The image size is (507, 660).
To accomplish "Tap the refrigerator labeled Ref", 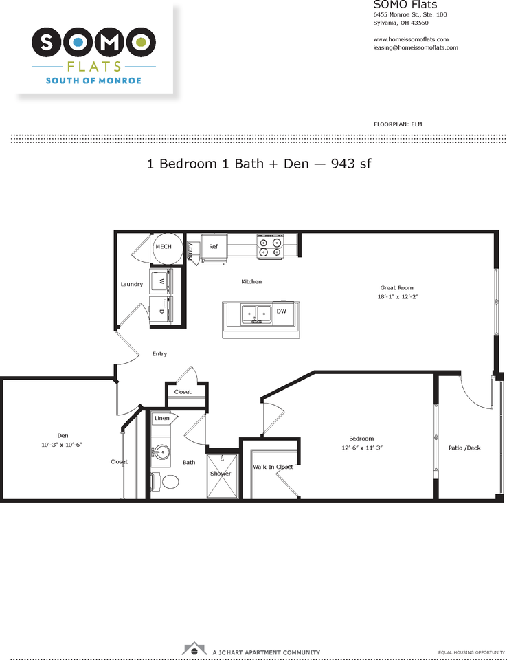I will (214, 247).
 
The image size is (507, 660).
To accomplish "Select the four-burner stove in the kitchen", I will (270, 246).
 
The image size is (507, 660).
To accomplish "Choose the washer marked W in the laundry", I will (164, 282).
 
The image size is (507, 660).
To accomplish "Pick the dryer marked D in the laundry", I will (164, 311).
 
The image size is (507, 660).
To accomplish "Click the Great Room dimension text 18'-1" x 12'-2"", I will (397, 296).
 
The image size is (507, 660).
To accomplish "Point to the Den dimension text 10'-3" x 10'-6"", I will (62, 445).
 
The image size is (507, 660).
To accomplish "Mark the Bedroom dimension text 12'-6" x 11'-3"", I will (361, 448).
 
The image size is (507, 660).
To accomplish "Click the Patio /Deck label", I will (464, 448).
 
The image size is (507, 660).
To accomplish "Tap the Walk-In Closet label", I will (273, 467).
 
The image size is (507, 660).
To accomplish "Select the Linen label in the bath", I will (162, 418).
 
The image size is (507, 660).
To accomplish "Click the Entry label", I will (159, 354).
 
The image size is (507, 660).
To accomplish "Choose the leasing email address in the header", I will (416, 47).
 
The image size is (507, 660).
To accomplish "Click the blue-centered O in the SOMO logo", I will (78, 43).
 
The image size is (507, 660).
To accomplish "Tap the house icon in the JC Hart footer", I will (195, 649).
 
